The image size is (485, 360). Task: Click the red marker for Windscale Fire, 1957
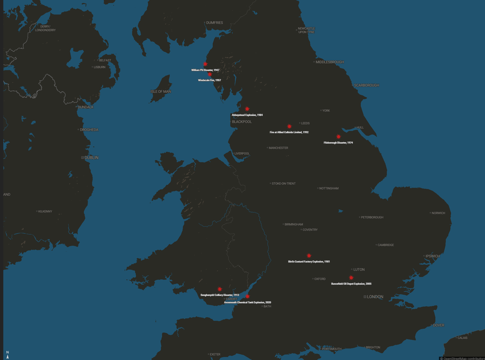(x=210, y=74)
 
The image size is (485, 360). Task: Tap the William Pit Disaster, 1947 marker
(x=205, y=64)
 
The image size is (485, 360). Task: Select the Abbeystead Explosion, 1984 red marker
(x=247, y=109)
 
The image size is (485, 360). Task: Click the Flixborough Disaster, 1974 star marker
(x=339, y=137)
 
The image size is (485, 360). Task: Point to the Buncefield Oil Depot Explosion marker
(x=351, y=278)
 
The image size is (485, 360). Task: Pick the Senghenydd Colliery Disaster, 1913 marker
(x=220, y=289)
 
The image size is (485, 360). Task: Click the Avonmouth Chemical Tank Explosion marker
(x=248, y=296)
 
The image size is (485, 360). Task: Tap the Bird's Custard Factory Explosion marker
(x=309, y=256)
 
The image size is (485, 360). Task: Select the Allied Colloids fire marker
(x=289, y=126)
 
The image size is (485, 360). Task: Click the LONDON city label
(x=375, y=297)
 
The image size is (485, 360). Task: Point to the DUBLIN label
(x=91, y=158)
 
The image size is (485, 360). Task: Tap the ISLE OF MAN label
(x=161, y=92)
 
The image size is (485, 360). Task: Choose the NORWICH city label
(x=438, y=213)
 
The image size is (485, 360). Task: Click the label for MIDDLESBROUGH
(x=330, y=62)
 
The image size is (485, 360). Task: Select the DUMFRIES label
(x=214, y=23)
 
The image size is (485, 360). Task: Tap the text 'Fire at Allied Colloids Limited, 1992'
(x=289, y=132)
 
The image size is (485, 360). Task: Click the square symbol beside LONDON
(x=365, y=297)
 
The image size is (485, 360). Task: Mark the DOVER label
(x=438, y=325)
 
